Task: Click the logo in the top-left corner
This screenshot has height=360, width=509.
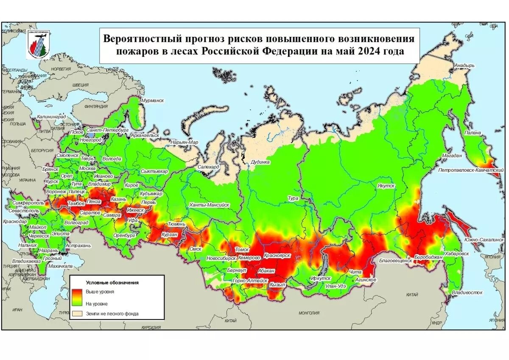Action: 38,44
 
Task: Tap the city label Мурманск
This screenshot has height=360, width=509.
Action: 152,100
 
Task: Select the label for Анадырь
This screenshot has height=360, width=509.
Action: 464,66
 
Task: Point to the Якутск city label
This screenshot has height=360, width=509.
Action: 386,186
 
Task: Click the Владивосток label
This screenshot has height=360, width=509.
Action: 467,293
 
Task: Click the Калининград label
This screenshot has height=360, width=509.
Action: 51,117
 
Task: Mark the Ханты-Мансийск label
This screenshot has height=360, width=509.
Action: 209,205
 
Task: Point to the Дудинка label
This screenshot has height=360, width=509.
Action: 260,162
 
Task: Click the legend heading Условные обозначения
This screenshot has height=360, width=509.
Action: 112,282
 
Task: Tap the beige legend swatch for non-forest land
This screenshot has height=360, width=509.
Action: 77,314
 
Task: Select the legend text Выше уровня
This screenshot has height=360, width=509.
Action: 100,292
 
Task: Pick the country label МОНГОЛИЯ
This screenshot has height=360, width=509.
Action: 309,313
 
